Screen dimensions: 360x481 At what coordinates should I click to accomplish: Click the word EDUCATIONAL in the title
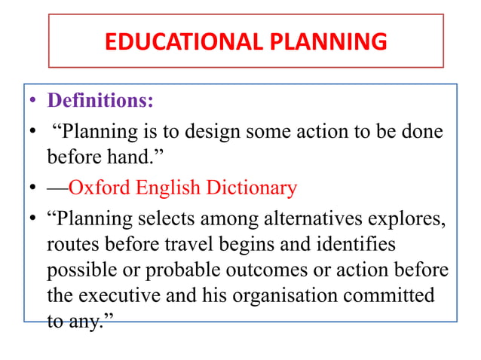(x=180, y=41)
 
